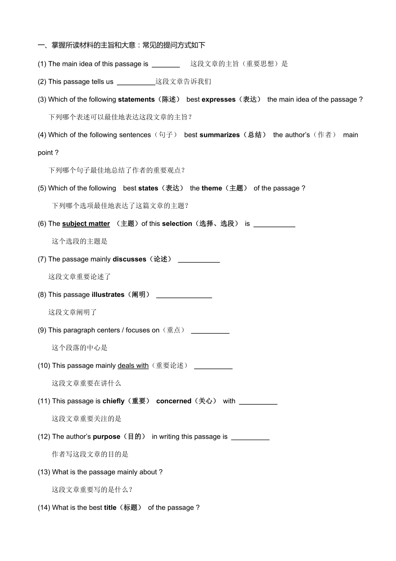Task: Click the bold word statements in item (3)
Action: tap(136, 100)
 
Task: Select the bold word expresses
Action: tap(218, 100)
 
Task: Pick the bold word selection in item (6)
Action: tap(177, 224)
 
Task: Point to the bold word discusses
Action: tap(129, 259)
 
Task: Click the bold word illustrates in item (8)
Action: tap(108, 295)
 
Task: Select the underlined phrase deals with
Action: tap(133, 366)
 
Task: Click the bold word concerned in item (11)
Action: tap(173, 401)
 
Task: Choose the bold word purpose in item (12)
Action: tap(106, 437)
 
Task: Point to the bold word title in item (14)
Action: tap(110, 508)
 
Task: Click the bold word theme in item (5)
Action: tap(212, 188)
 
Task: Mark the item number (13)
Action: tap(44, 472)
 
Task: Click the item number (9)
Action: tap(42, 330)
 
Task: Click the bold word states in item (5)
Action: tap(148, 188)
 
